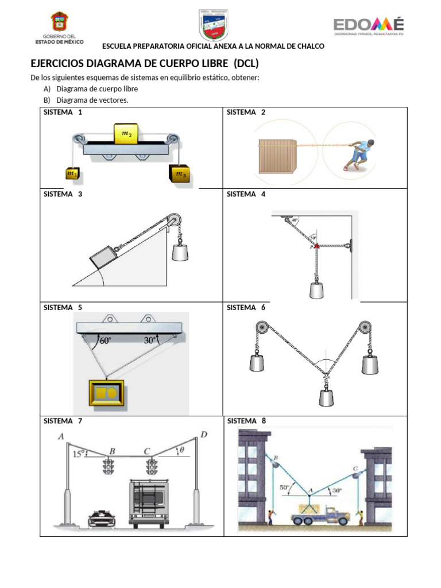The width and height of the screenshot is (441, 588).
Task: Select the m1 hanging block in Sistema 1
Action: click(73, 173)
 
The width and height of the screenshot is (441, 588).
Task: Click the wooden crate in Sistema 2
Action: click(277, 156)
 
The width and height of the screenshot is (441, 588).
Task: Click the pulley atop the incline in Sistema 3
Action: click(172, 221)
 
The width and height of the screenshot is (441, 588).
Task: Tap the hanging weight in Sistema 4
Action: click(316, 289)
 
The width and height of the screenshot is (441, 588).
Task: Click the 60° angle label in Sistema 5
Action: click(106, 341)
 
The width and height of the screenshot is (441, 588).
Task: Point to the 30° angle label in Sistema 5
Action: click(150, 341)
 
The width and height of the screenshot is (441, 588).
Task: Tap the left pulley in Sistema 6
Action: click(261, 329)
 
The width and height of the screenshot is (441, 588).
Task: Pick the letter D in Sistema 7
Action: click(204, 434)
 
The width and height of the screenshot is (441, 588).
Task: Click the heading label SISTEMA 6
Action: click(246, 307)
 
